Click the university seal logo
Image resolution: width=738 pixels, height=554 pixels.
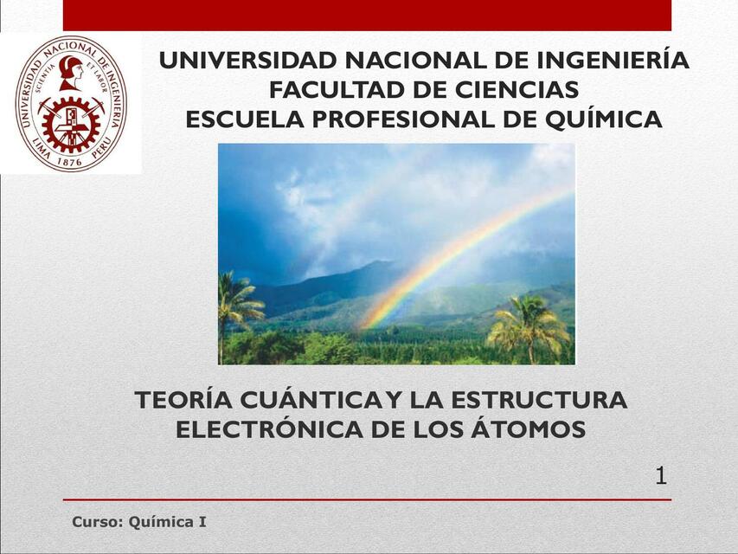(70, 103)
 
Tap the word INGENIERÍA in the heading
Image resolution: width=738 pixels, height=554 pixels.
(613, 61)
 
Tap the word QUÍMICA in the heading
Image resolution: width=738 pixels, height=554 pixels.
(603, 119)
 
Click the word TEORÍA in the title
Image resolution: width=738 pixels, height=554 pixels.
(181, 401)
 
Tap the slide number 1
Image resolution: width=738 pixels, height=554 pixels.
(661, 475)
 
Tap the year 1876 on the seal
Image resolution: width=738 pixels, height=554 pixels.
(70, 159)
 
